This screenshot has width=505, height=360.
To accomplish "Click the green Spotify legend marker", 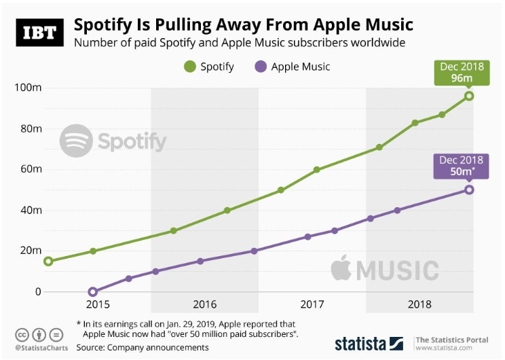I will click(189, 67).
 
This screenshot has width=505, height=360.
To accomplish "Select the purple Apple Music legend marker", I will click(259, 67).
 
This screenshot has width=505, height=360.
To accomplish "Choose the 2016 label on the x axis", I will click(204, 304).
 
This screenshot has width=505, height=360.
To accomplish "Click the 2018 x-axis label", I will click(419, 304).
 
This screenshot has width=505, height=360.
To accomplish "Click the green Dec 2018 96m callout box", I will click(462, 73).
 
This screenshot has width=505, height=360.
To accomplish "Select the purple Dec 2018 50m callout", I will click(462, 166).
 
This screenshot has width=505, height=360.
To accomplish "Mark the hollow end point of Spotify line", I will click(469, 96).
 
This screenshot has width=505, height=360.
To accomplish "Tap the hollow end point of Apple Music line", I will click(469, 190).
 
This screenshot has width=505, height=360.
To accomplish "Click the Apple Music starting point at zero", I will click(93, 291).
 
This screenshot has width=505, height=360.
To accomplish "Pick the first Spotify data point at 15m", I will click(48, 261).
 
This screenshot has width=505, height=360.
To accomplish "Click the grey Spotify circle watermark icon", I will click(77, 141).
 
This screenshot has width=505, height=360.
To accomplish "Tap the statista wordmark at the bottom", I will click(360, 343).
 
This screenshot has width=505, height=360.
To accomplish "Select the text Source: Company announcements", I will click(143, 347).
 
